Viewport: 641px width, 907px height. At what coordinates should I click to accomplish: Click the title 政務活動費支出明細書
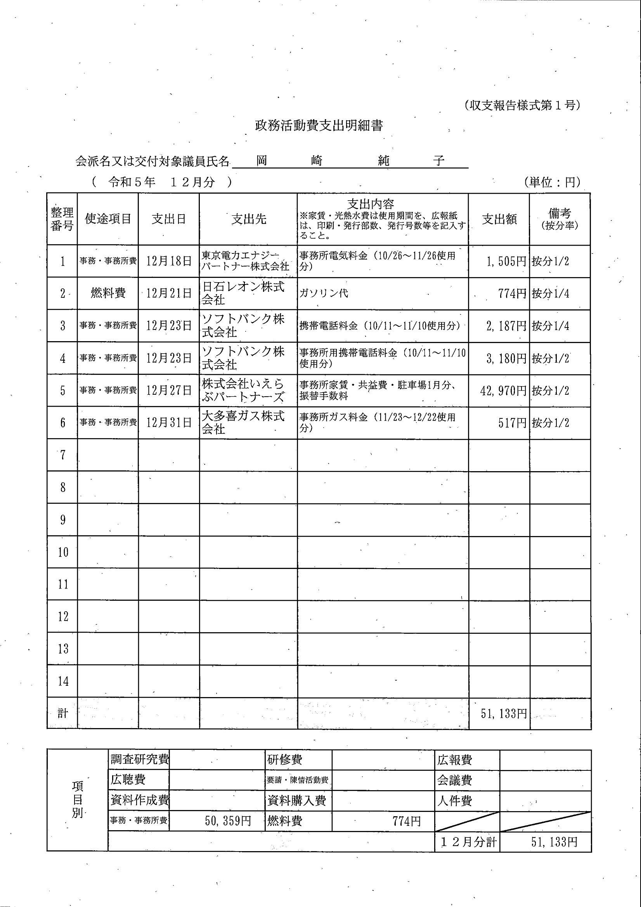319,126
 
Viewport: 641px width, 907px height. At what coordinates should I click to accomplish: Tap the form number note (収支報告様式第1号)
522,105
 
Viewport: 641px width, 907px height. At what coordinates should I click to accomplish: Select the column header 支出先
248,219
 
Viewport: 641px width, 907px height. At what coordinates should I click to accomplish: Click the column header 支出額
499,219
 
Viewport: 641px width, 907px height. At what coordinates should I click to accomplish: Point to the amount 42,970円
503,391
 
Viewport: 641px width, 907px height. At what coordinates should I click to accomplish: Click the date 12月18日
169,261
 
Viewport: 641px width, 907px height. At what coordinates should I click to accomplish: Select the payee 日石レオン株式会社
243,293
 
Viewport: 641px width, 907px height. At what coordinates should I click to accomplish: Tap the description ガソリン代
324,293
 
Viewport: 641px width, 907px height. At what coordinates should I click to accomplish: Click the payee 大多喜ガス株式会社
243,422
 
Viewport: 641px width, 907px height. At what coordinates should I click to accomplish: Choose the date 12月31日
169,423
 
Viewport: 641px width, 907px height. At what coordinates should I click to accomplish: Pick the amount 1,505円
506,261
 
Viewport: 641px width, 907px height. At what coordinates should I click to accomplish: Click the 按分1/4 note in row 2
550,293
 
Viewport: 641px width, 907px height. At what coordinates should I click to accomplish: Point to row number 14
63,681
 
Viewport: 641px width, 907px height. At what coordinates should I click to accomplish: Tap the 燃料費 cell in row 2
108,293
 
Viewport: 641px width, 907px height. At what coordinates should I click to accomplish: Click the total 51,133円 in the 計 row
504,713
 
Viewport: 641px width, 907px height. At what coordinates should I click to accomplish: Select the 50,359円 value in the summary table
228,821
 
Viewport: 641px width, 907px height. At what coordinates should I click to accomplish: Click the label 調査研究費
139,759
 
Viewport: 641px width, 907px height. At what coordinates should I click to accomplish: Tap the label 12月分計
468,842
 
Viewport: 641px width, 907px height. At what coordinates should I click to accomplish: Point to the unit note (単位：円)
552,182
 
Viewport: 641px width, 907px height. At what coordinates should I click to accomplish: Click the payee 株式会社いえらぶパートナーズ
243,390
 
